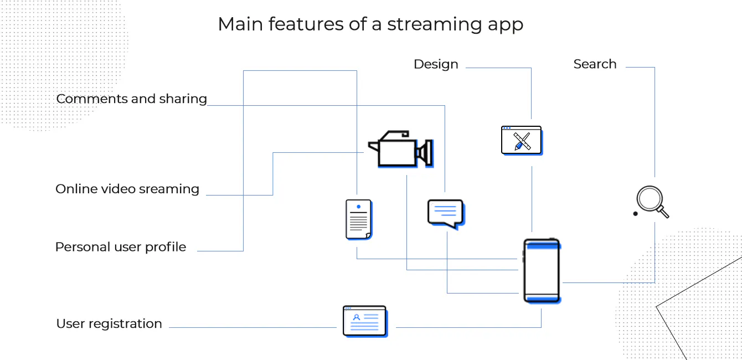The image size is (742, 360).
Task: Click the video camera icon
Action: (x=400, y=150)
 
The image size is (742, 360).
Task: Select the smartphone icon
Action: (x=542, y=270)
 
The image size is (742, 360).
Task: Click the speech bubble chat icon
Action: (x=445, y=213)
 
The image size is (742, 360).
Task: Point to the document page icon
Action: (x=358, y=219)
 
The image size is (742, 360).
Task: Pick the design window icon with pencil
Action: (x=521, y=140)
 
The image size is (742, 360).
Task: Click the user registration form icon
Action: (x=364, y=321)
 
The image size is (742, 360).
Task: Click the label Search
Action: (x=595, y=64)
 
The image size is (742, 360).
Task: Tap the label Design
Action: (x=436, y=64)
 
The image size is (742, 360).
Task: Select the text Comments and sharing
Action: (x=132, y=99)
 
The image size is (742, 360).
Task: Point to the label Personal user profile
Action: (x=121, y=247)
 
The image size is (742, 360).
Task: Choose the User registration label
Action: (x=109, y=324)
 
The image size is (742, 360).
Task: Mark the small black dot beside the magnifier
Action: (x=635, y=213)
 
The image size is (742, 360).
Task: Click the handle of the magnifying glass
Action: (x=662, y=212)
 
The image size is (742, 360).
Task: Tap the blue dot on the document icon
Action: (x=358, y=207)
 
